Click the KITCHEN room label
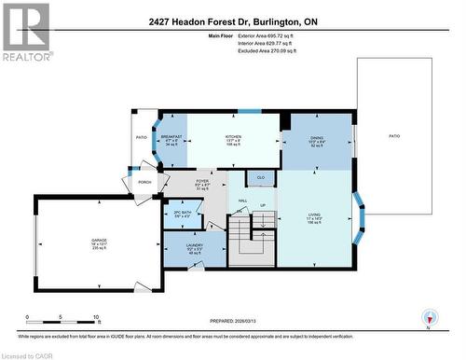click(233, 135)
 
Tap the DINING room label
click(316, 137)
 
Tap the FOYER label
click(201, 181)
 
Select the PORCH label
click(144, 182)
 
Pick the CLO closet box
click(261, 175)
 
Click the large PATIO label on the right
click(394, 136)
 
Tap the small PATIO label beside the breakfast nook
click(142, 137)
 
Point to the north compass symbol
click(428, 318)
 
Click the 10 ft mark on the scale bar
click(97, 317)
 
